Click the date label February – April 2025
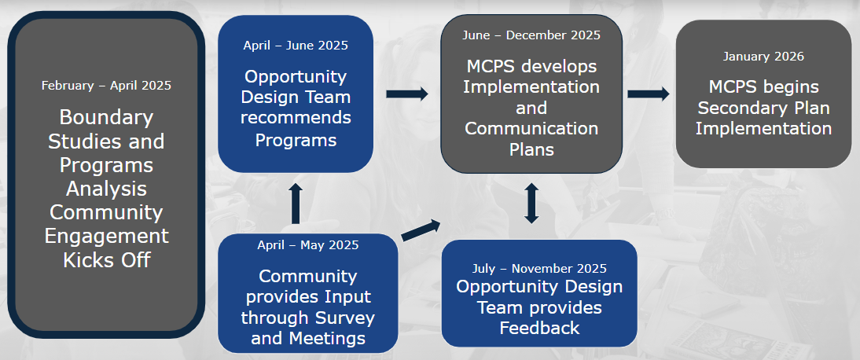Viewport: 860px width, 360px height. [106, 85]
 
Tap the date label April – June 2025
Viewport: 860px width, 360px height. [296, 45]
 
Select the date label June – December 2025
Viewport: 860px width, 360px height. [531, 35]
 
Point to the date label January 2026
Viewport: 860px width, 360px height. [763, 57]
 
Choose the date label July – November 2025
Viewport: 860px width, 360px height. [539, 269]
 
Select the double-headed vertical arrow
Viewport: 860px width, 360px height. [531, 203]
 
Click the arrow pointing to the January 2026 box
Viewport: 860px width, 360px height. [649, 94]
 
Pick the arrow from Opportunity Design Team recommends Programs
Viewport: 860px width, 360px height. [407, 94]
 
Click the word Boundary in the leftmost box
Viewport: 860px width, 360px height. [106, 119]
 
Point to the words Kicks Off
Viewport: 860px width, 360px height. [106, 260]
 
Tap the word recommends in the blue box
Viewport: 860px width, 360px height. [296, 119]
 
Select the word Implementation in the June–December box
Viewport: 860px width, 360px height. [531, 86]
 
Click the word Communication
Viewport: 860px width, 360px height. [531, 128]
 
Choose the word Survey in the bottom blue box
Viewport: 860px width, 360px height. [345, 318]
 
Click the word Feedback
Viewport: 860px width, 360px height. [539, 328]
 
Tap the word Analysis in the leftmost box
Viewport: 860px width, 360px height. [106, 189]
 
